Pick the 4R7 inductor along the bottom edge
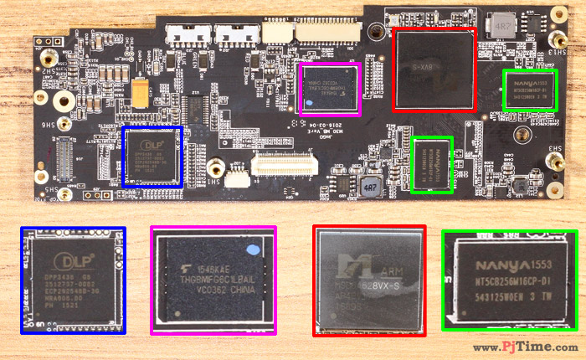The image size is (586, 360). (370, 188)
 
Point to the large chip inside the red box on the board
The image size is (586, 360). (434, 70)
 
